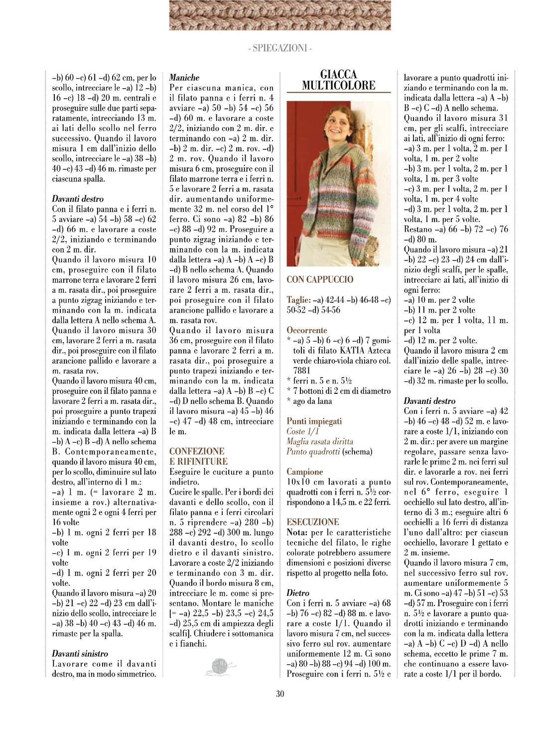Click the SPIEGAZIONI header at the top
[x=279, y=48]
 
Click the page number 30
[x=280, y=693]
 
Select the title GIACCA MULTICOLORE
[x=338, y=80]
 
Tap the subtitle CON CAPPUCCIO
[x=320, y=279]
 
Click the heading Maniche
[x=184, y=78]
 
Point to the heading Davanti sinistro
[x=80, y=653]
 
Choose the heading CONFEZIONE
[x=197, y=451]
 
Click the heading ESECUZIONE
[x=313, y=522]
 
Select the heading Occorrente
[x=307, y=330]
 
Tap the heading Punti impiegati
[x=314, y=421]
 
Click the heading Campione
[x=304, y=472]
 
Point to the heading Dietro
[x=298, y=593]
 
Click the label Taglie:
[x=298, y=300]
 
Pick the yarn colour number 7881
[x=302, y=371]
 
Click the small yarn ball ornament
[x=220, y=666]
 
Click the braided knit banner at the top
[x=280, y=15]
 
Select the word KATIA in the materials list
[x=352, y=351]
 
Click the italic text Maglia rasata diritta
[x=319, y=441]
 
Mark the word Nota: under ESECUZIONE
[x=297, y=532]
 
